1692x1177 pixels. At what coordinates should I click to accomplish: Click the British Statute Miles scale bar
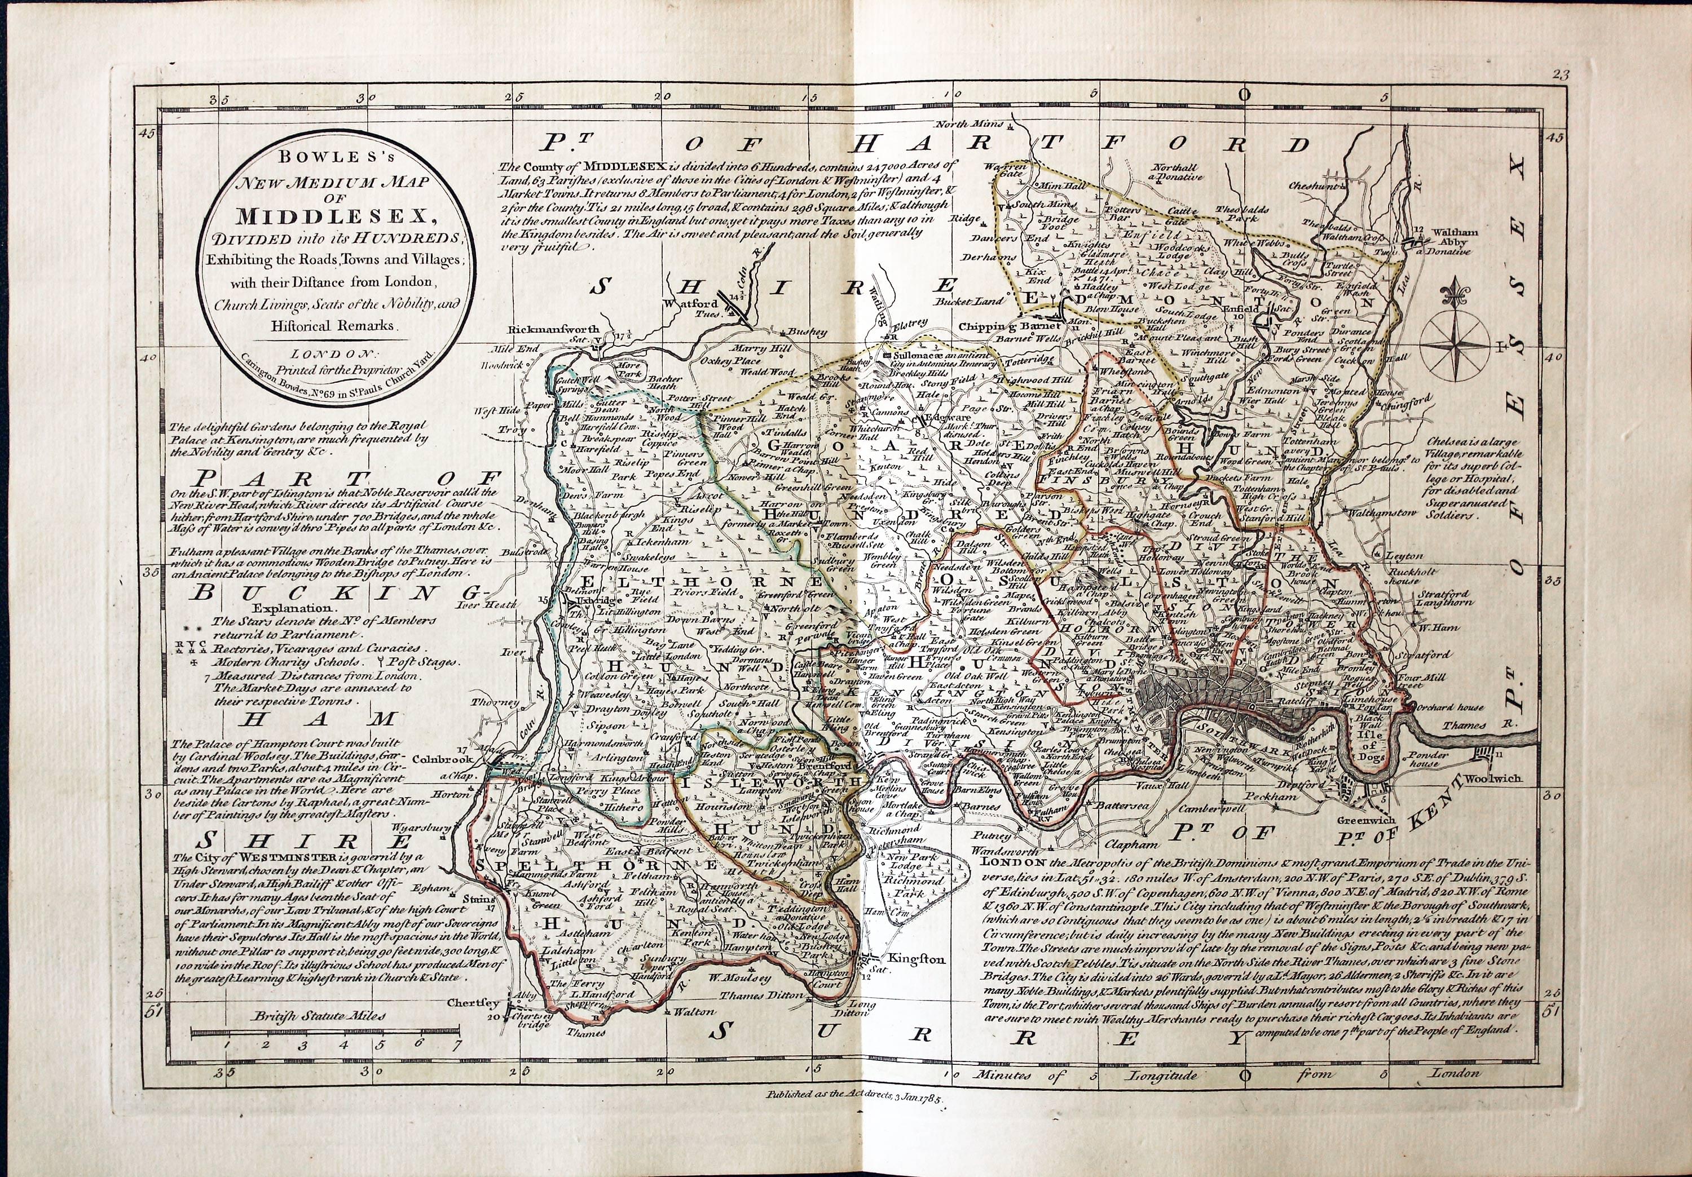[x=324, y=1033]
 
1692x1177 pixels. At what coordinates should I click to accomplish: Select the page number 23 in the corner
[x=1560, y=74]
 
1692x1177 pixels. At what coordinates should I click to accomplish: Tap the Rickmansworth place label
[x=553, y=329]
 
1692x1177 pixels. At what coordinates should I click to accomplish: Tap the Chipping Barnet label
[x=1010, y=326]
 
